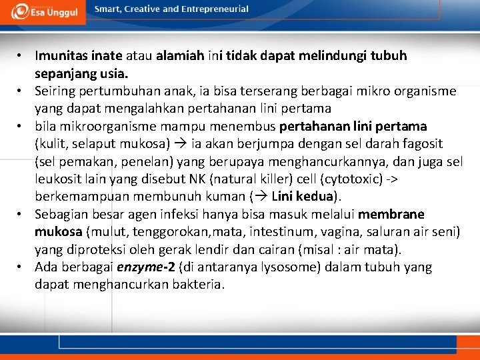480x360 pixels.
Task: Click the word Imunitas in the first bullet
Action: point(61,56)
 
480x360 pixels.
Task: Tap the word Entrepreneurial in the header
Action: point(214,9)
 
